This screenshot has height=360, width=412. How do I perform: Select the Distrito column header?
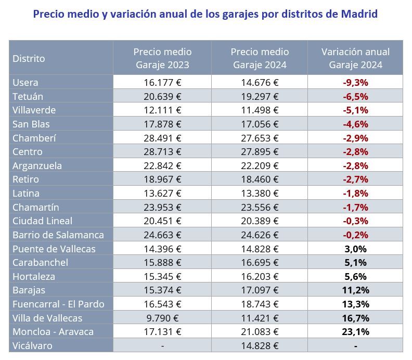point(29,58)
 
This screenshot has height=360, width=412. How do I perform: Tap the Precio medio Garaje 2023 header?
point(162,58)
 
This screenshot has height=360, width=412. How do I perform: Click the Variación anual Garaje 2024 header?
point(355,58)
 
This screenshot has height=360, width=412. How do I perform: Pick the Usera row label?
point(25,82)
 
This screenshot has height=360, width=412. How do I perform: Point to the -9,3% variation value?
point(355,82)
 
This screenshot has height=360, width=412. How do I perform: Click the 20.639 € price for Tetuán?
point(162,96)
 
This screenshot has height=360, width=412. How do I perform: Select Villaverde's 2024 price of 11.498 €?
point(260,110)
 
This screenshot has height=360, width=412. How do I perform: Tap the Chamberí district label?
point(34,138)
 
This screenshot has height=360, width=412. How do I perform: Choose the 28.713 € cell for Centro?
point(162,151)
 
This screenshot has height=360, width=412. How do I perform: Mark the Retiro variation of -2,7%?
point(355,179)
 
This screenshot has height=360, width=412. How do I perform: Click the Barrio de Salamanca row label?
point(58,235)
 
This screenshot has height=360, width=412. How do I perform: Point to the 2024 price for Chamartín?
point(260,207)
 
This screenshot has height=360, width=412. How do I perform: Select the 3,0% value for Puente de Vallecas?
point(355,249)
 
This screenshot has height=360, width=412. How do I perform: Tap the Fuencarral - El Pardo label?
point(58,304)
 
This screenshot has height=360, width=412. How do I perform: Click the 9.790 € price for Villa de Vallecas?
point(162,318)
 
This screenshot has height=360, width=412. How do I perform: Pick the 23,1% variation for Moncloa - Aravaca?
point(355,331)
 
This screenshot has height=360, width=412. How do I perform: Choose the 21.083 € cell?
point(260,331)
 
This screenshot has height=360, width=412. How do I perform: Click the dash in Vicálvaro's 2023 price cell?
point(162,345)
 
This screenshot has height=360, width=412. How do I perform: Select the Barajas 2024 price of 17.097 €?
point(260,290)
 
